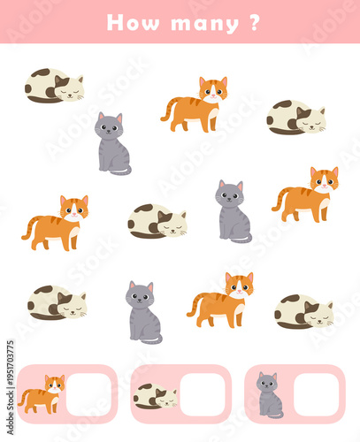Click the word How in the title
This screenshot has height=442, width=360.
pos(133,22)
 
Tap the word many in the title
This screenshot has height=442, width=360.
pos(205,24)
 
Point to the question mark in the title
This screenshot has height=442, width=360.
pos(255,22)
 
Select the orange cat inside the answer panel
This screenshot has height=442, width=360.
pos(42,394)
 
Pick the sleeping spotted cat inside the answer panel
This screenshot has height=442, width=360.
pos(156,396)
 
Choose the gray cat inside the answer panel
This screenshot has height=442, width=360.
pos(270,395)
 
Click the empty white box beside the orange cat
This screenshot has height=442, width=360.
pos(88,394)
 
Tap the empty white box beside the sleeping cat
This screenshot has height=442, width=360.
pos(203,394)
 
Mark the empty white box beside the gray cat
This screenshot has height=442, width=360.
pos(317,394)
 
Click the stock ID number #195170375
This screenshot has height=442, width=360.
pos(11,363)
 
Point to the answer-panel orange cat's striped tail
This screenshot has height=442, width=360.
pos(24,397)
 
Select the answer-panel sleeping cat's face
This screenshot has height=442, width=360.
pos(166,400)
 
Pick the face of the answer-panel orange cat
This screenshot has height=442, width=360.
pos(55,384)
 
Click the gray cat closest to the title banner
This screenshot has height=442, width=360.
pos(112,143)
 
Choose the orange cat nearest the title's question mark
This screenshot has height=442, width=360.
pos(195,104)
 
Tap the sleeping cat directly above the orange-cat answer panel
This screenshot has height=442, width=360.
pos(57,302)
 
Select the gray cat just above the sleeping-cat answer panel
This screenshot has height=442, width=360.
pos(143,312)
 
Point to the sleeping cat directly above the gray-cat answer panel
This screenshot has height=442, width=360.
pos(304,311)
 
